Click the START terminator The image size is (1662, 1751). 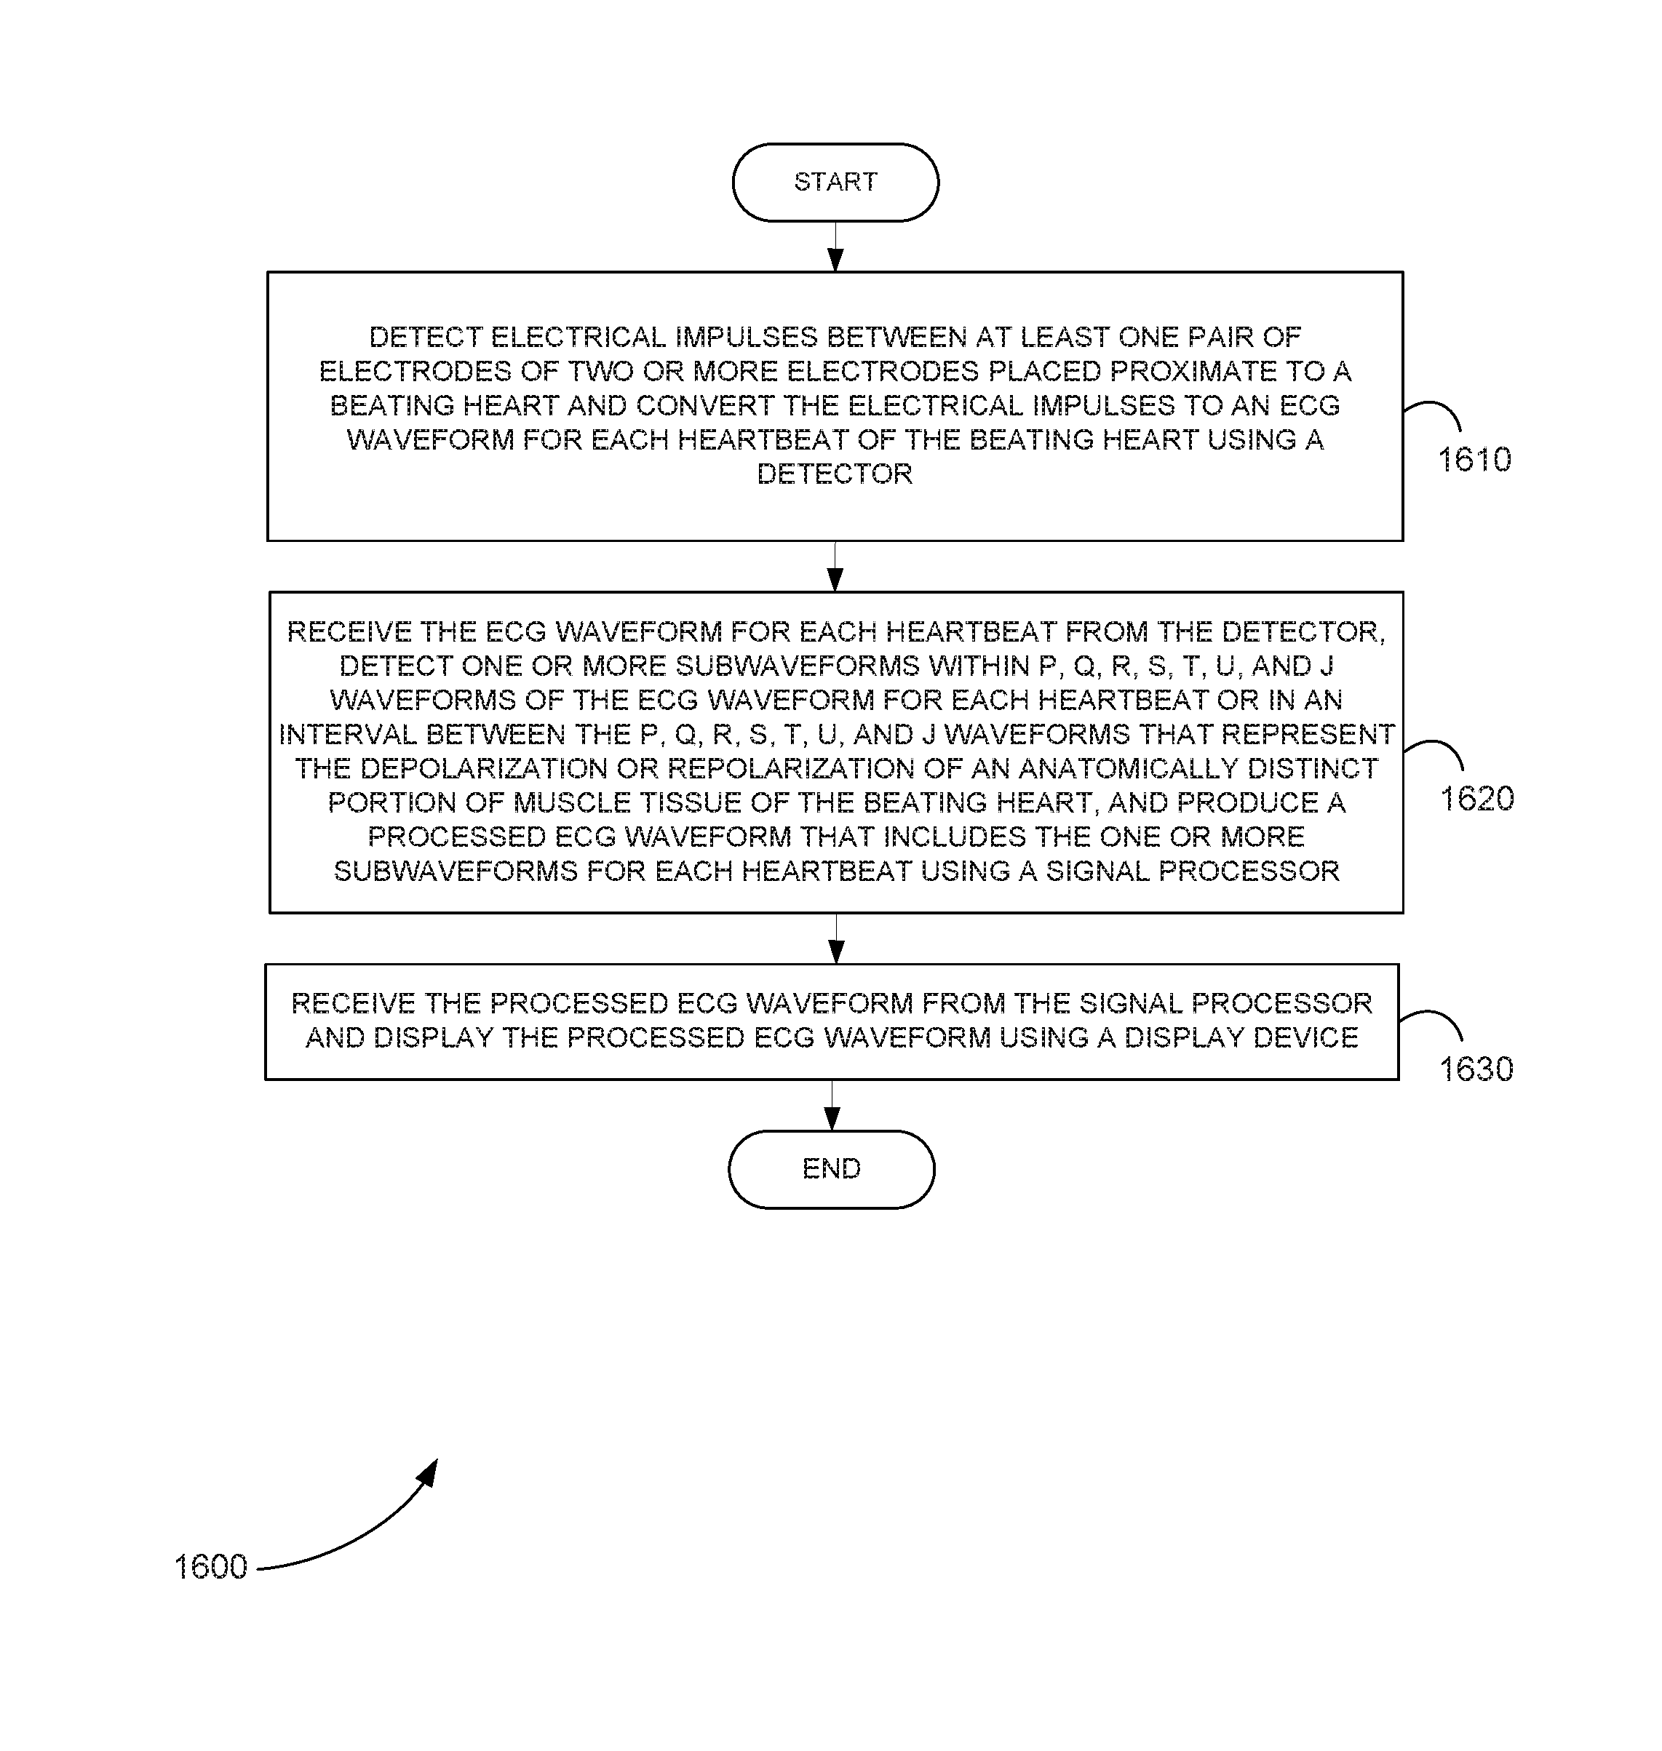(x=835, y=183)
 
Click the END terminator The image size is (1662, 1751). (x=831, y=1169)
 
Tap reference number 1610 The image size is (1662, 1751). (x=1474, y=460)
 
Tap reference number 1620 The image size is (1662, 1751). (x=1477, y=799)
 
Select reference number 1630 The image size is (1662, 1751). (x=1476, y=1070)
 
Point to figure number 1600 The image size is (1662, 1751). (x=211, y=1567)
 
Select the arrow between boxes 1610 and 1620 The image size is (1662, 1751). (x=835, y=566)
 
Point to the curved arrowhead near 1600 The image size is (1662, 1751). (x=429, y=1474)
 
